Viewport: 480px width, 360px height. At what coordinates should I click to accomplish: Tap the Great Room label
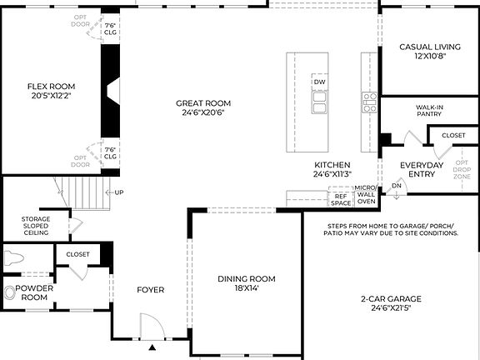click(x=203, y=108)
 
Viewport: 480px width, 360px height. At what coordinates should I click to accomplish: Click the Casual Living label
click(x=430, y=52)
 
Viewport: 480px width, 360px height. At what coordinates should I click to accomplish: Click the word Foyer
click(x=151, y=290)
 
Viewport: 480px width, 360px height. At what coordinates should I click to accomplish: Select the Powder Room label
click(x=34, y=292)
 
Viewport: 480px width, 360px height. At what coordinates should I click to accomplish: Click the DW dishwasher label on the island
click(x=319, y=82)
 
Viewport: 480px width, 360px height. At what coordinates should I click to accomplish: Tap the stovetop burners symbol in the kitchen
click(x=369, y=102)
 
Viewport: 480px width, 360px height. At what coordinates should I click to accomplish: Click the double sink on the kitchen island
click(x=319, y=102)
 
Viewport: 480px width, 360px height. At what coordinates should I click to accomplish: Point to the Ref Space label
click(x=341, y=200)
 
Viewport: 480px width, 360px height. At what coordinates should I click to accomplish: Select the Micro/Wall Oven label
click(x=367, y=194)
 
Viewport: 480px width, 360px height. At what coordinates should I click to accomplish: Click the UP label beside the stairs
click(x=119, y=192)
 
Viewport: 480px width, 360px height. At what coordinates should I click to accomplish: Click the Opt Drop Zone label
click(x=462, y=168)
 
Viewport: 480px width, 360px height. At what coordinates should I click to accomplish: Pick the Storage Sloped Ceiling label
click(x=36, y=226)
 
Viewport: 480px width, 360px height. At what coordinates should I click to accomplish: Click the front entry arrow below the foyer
click(x=153, y=344)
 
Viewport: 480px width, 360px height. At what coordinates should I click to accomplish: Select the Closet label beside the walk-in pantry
click(x=453, y=135)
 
